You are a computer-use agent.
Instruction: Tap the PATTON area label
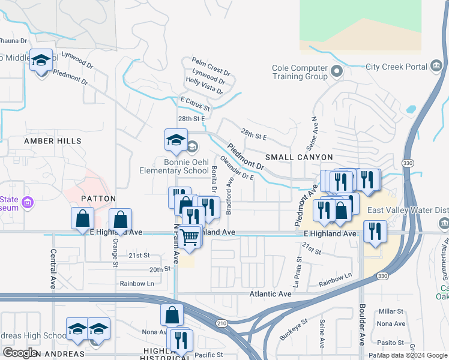click(98, 197)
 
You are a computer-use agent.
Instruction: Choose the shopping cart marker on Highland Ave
click(189, 238)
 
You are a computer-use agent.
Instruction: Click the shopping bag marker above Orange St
click(120, 220)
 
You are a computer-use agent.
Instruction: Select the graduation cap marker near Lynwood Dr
click(41, 61)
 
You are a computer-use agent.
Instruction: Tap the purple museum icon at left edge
click(27, 204)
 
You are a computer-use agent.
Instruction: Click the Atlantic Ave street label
click(271, 294)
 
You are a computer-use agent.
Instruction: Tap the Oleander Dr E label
click(237, 169)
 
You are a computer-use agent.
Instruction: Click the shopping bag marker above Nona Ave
click(172, 314)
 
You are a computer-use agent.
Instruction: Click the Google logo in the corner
click(20, 353)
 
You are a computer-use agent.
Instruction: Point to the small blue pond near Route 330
click(411, 110)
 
